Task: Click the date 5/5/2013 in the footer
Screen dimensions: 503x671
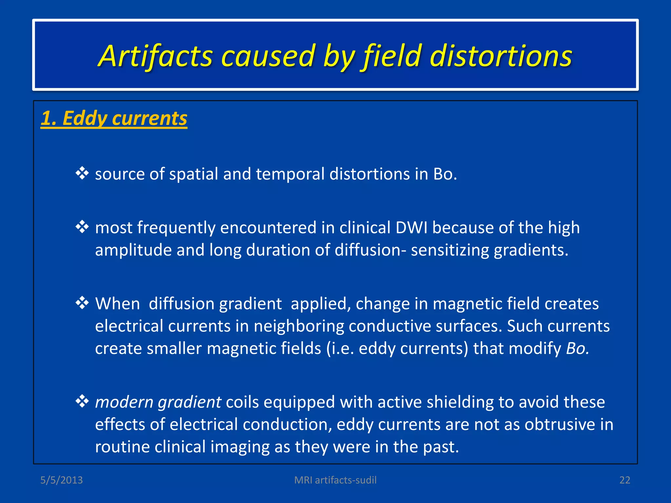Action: point(61,480)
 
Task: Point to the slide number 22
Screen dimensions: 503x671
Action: point(624,480)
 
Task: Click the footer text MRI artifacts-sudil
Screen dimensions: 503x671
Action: point(335,480)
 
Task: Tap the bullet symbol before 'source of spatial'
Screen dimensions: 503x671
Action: point(82,173)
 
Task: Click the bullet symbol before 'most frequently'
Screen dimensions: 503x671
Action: point(82,227)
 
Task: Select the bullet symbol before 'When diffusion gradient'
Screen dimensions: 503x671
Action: point(82,303)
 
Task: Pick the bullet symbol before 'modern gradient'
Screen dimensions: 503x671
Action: point(82,401)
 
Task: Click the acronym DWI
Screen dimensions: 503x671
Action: point(411,228)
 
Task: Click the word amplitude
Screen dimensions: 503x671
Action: point(133,251)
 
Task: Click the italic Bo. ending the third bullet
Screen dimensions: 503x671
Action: point(578,348)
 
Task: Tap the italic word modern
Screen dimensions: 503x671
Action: point(124,402)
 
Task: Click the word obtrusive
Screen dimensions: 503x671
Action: point(560,424)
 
